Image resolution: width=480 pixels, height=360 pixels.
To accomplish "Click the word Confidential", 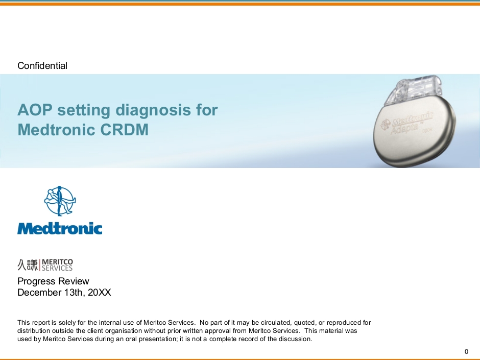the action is (42, 65).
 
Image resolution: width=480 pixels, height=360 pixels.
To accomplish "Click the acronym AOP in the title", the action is (35, 110).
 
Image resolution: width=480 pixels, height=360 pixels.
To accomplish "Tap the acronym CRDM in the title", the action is (124, 130).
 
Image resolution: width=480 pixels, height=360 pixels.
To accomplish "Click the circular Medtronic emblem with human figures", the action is (60, 201).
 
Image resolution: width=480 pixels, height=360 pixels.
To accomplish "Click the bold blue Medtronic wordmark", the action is (60, 228).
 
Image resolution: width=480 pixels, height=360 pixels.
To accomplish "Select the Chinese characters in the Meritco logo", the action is (28, 265).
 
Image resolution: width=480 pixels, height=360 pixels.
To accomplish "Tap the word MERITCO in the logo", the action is (57, 262).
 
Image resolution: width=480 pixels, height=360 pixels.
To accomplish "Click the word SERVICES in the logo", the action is (57, 268).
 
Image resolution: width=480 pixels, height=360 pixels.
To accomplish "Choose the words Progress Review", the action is (53, 281).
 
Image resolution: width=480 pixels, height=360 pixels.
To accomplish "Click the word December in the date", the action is (39, 293).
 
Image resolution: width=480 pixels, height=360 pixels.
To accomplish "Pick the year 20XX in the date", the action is (100, 293).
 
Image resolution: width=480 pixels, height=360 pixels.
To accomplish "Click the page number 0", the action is (467, 351).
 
